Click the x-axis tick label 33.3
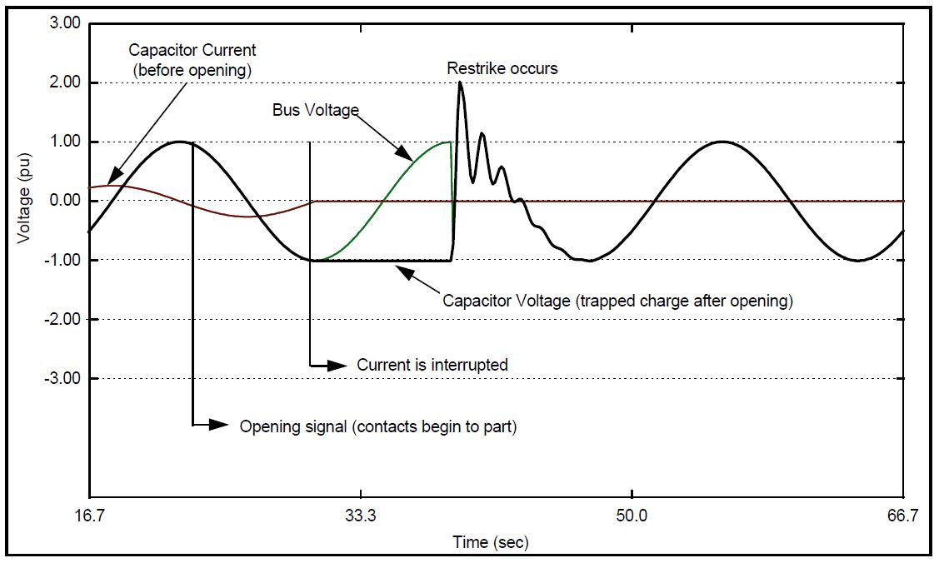(x=360, y=516)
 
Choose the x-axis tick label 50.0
(x=632, y=516)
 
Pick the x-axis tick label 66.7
(x=903, y=516)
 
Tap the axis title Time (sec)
(x=491, y=542)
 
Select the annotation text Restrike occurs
(x=502, y=68)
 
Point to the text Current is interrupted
(x=432, y=365)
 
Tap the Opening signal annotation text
(x=378, y=426)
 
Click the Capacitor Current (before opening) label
(x=192, y=61)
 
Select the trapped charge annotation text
(x=617, y=300)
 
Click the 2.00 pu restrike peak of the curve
(x=460, y=83)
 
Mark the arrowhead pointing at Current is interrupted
(x=337, y=366)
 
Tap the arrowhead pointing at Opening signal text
(x=219, y=425)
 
